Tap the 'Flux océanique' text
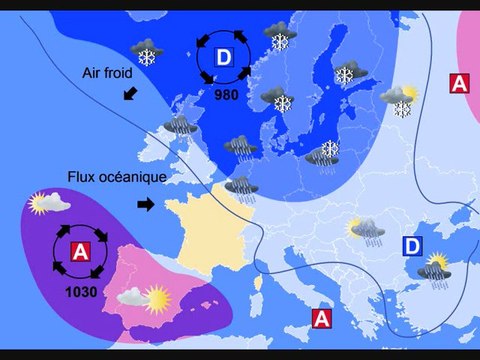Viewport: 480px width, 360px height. [116, 177]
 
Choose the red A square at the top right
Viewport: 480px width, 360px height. [458, 83]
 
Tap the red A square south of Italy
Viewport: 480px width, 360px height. [322, 318]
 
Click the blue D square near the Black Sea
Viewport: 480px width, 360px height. [412, 246]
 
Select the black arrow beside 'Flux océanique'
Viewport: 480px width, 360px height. [146, 204]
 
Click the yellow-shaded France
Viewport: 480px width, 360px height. [205, 230]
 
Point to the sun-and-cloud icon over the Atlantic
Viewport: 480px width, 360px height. [50, 204]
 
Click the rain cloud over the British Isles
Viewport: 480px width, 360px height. [181, 125]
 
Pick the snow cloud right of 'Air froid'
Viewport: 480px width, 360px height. [149, 51]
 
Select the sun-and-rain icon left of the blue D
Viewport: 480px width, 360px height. [364, 232]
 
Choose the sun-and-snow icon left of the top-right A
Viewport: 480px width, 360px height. [398, 100]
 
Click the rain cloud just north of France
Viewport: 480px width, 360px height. [240, 185]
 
